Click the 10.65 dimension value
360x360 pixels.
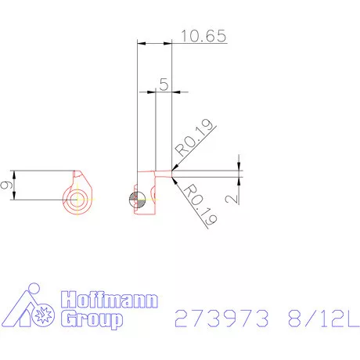[x=203, y=36]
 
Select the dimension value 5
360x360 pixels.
[x=164, y=84]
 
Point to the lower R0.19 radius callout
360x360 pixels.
[x=200, y=204]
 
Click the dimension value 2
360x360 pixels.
[x=232, y=199]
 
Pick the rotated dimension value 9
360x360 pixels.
[x=6, y=185]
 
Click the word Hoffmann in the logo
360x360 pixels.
[x=110, y=300]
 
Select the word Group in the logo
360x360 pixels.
[x=92, y=319]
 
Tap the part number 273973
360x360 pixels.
[x=221, y=319]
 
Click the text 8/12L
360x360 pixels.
[x=324, y=319]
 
